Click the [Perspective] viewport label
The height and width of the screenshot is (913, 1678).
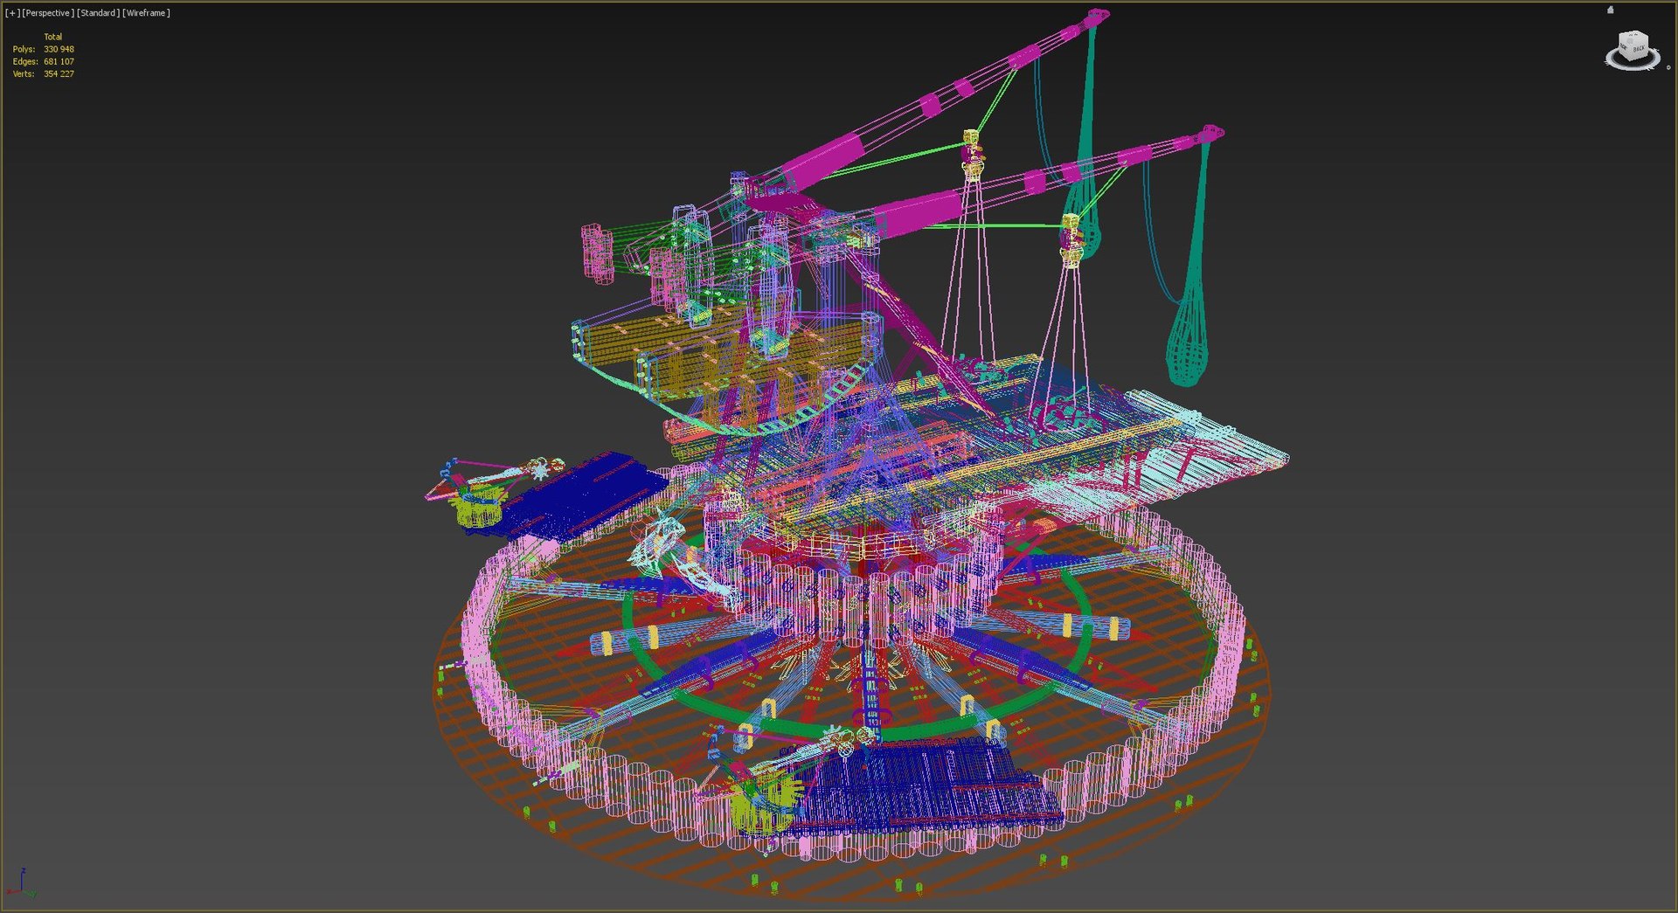pos(48,13)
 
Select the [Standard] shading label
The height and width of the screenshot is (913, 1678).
pos(98,13)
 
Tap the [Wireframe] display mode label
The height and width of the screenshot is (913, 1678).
pos(146,13)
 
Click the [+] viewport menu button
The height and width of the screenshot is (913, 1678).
pos(12,13)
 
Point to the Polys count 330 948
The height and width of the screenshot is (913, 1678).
pos(59,50)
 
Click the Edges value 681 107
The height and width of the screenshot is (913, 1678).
pos(59,62)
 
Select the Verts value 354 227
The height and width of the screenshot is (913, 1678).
pos(59,74)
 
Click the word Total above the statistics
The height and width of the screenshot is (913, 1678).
pos(52,37)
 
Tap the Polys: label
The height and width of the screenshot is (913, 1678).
pos(24,50)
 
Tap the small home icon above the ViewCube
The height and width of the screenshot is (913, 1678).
pos(1610,10)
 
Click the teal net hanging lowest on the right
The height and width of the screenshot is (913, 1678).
pos(1189,341)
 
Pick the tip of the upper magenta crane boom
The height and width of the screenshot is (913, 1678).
pos(1098,15)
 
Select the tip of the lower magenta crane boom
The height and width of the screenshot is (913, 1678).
pos(1211,133)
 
